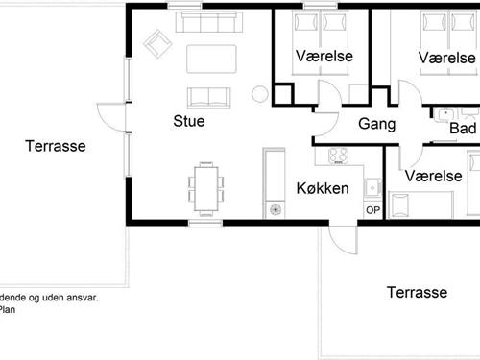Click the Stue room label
point(188,122)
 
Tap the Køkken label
point(322,187)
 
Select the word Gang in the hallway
point(377,124)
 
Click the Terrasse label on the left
point(54,147)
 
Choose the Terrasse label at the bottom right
point(419,292)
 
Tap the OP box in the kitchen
point(372,211)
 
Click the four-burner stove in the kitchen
point(338,156)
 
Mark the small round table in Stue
point(258,93)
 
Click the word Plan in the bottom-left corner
point(8,309)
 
